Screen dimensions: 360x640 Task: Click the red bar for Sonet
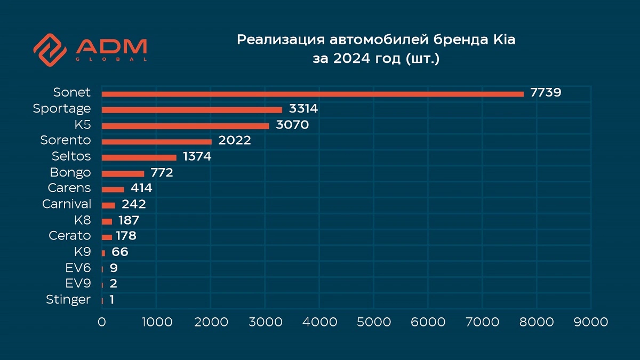[313, 94]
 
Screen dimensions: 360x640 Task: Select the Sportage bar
[192, 110]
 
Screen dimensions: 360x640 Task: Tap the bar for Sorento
[157, 142]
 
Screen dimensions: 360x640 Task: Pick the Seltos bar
[139, 157]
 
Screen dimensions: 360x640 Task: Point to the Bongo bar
[123, 173]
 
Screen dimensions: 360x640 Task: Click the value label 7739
[546, 93]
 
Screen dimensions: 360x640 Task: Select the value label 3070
[293, 125]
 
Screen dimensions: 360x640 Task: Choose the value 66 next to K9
[119, 252]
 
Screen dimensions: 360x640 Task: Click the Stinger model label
[68, 300]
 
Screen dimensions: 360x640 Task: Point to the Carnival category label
[67, 204]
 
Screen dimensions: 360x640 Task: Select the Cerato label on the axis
[69, 236]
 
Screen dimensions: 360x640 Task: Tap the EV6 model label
[78, 268]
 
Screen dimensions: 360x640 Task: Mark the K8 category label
[83, 220]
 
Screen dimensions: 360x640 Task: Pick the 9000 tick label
[590, 322]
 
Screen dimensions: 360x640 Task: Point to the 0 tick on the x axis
[102, 322]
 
